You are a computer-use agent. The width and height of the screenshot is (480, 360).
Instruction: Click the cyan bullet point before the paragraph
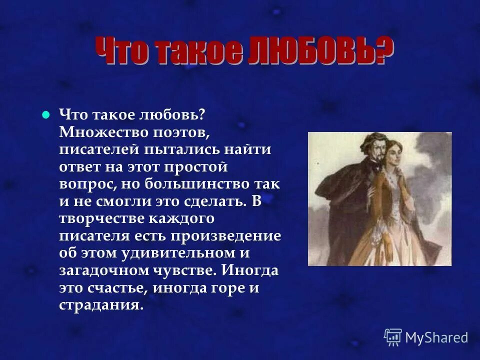pyautogui.click(x=46, y=114)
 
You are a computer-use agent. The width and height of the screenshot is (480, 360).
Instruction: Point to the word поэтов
pyautogui.click(x=173, y=132)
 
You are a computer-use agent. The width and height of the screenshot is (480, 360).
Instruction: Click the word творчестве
pyautogui.click(x=103, y=218)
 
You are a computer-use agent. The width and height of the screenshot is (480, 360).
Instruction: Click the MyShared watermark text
pyautogui.click(x=436, y=337)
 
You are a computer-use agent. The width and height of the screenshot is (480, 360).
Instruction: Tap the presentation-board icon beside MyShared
pyautogui.click(x=392, y=337)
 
